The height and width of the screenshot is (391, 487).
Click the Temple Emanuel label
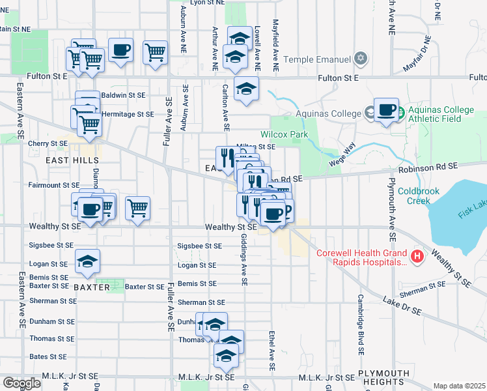click(x=316, y=59)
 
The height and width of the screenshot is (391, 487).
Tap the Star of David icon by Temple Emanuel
click(x=360, y=59)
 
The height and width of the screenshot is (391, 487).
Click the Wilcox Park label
click(x=284, y=134)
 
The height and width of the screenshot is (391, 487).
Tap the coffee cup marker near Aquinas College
click(x=386, y=110)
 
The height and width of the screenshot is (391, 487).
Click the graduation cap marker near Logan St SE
click(x=87, y=262)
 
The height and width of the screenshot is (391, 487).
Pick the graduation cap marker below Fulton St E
click(x=246, y=90)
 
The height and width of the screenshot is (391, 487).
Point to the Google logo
click(x=21, y=383)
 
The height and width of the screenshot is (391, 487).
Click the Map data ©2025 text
click(x=459, y=386)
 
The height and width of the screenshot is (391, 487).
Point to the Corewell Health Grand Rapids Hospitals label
click(x=361, y=257)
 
